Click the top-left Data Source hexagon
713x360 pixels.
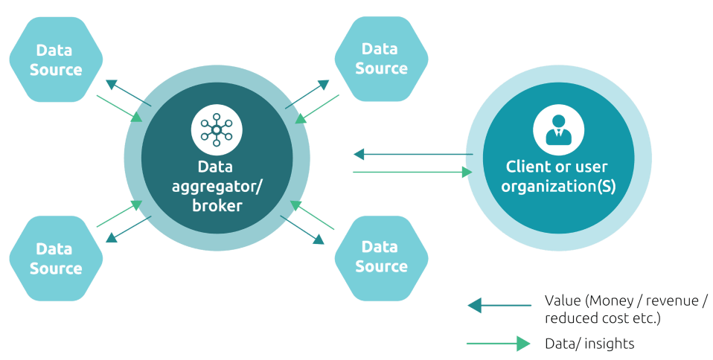[x=56, y=60]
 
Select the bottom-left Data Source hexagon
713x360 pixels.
[x=56, y=257]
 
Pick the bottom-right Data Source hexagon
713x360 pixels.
[x=381, y=256]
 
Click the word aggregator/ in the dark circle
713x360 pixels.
[x=217, y=186]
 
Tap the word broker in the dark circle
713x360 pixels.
[x=217, y=206]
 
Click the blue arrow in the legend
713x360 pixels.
[x=496, y=304]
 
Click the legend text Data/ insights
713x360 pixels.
[x=589, y=343]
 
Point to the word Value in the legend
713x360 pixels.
[x=562, y=301]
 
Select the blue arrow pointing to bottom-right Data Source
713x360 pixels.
[x=304, y=231]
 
